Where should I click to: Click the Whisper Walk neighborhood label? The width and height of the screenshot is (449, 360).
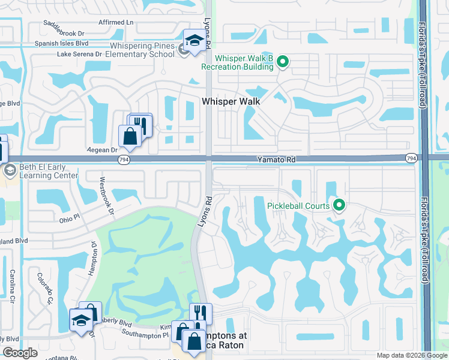coord(231,101)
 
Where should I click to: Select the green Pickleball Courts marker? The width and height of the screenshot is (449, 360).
coord(339,206)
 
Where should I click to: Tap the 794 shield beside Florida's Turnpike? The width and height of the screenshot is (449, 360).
coord(411,158)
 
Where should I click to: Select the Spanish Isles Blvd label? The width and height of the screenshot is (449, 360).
coord(61,43)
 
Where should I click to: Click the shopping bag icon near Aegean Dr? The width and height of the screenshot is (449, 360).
coord(130,136)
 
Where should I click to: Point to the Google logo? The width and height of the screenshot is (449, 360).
coord(20,353)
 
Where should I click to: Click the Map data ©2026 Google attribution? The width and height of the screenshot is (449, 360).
coord(411,355)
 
